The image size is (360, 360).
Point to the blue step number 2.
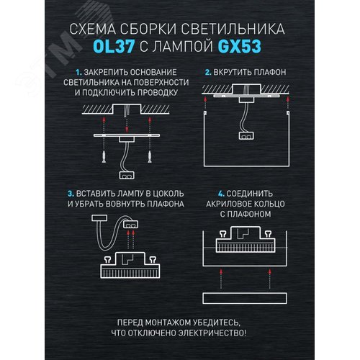click(207, 73)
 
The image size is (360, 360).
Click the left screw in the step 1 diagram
click(105, 153)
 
